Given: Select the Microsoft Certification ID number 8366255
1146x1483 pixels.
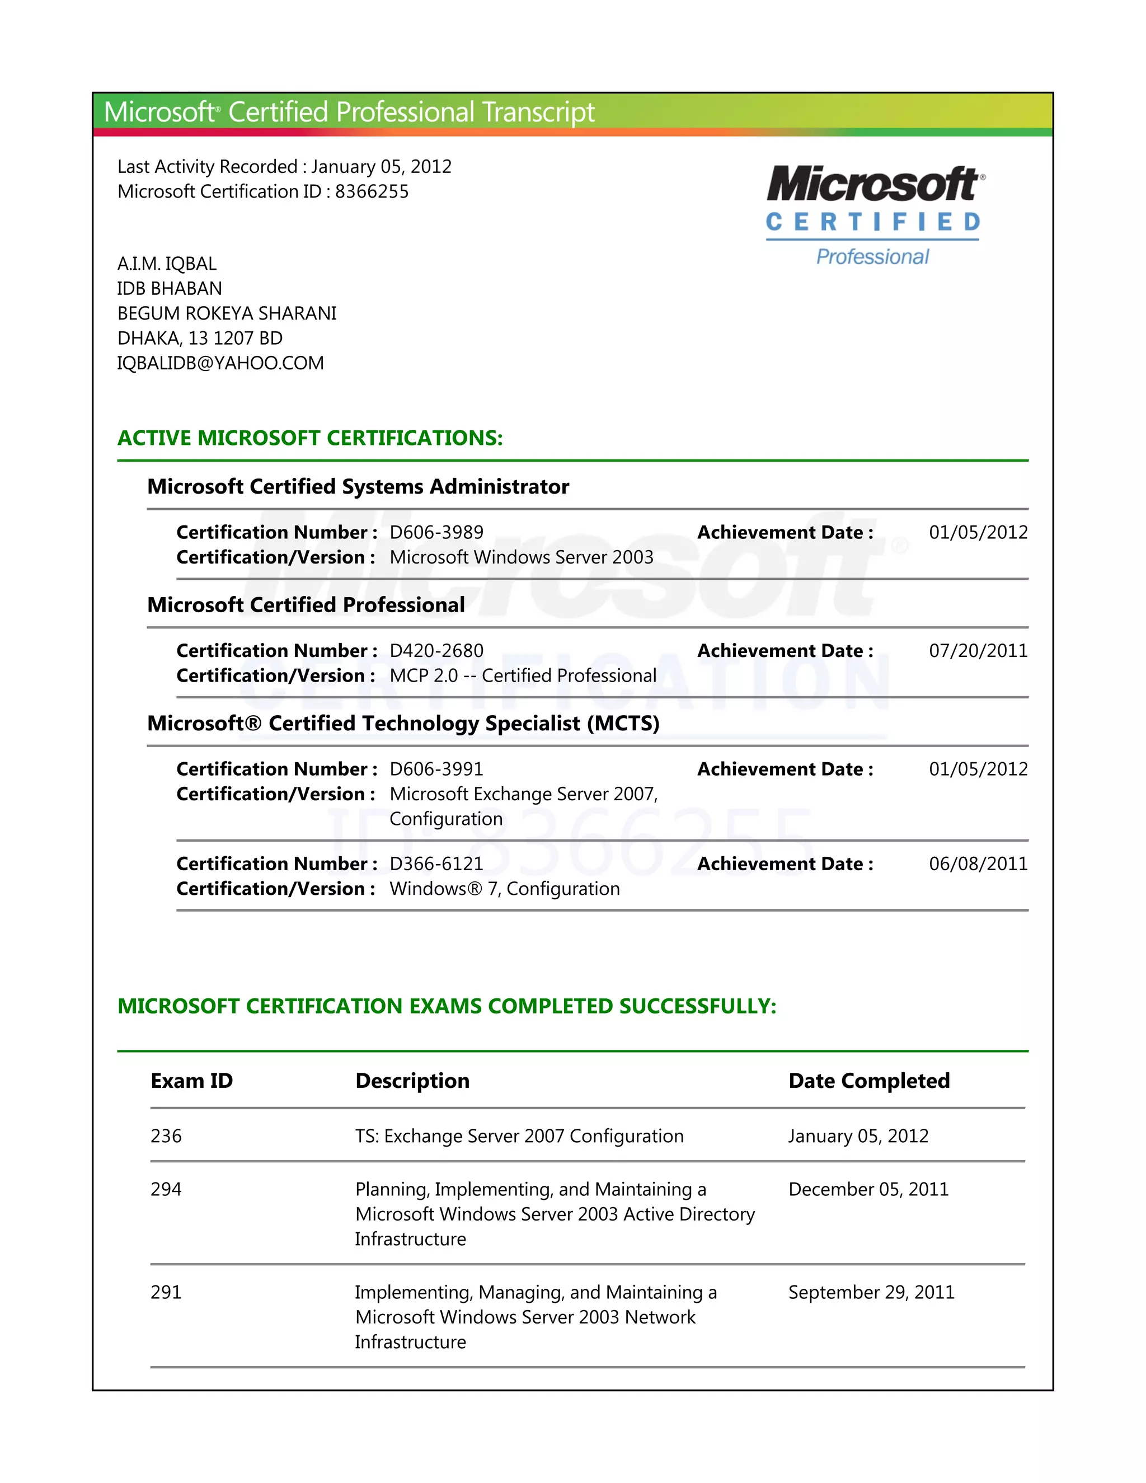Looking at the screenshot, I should pyautogui.click(x=372, y=191).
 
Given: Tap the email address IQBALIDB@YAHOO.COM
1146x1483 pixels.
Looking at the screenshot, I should pyautogui.click(x=220, y=363).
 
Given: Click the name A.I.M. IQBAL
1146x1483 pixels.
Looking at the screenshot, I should pyautogui.click(x=167, y=264).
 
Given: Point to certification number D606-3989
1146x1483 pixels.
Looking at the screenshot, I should pyautogui.click(x=436, y=532).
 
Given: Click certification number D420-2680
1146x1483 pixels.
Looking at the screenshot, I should pyautogui.click(x=436, y=650).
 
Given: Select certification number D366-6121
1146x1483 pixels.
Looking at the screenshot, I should pyautogui.click(x=436, y=863).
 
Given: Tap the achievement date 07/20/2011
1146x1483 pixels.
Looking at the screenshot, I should pyautogui.click(x=978, y=650).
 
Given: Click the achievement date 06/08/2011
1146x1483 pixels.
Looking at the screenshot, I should pyautogui.click(x=978, y=863).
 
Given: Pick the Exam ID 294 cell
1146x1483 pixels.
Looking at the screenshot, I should pyautogui.click(x=166, y=1189).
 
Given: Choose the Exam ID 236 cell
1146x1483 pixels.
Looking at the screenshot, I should pyautogui.click(x=166, y=1136).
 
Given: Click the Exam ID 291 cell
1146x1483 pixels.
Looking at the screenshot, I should pyautogui.click(x=166, y=1292).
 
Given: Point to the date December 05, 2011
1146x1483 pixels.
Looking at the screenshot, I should pyautogui.click(x=868, y=1189).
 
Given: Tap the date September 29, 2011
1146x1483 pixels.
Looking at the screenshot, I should pyautogui.click(x=871, y=1292).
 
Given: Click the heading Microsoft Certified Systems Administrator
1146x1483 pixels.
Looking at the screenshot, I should pyautogui.click(x=358, y=487).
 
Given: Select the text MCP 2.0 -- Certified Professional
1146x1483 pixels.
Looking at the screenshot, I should pyautogui.click(x=523, y=675).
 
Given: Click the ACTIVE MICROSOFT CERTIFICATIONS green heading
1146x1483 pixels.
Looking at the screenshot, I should pyautogui.click(x=310, y=438).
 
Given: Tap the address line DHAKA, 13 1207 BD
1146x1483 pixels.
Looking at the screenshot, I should pyautogui.click(x=200, y=338).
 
